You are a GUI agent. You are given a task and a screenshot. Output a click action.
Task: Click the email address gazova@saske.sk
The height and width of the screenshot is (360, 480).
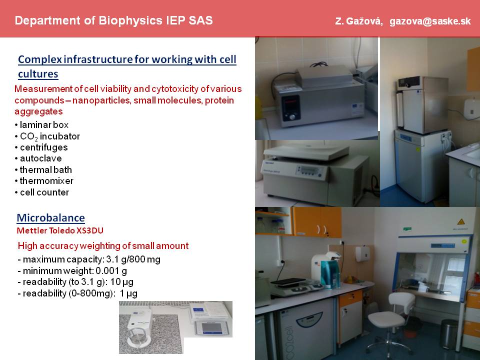coord(430,21)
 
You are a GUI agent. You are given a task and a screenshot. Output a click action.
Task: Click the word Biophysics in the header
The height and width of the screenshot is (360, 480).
coord(130,21)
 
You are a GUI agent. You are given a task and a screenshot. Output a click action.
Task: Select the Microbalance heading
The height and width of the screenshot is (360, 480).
coord(51,218)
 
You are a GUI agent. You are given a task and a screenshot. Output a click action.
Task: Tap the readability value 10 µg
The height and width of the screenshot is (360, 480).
coord(122,282)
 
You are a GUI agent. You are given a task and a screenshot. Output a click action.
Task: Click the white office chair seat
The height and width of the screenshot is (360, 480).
coord(386,320)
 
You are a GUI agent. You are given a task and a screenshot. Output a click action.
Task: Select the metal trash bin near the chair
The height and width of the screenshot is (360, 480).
coord(449,334)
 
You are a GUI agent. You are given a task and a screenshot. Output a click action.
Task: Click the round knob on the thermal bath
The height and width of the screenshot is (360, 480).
coord(292,116)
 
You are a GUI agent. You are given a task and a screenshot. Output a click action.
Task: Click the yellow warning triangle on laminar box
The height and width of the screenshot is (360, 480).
coord(461,222)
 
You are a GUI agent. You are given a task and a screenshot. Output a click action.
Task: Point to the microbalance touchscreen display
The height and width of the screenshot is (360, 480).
coord(211,327)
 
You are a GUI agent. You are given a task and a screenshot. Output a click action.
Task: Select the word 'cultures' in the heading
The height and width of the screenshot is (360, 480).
coord(38,74)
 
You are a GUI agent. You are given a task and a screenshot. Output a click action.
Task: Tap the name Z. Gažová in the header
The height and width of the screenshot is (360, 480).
coord(358,21)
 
